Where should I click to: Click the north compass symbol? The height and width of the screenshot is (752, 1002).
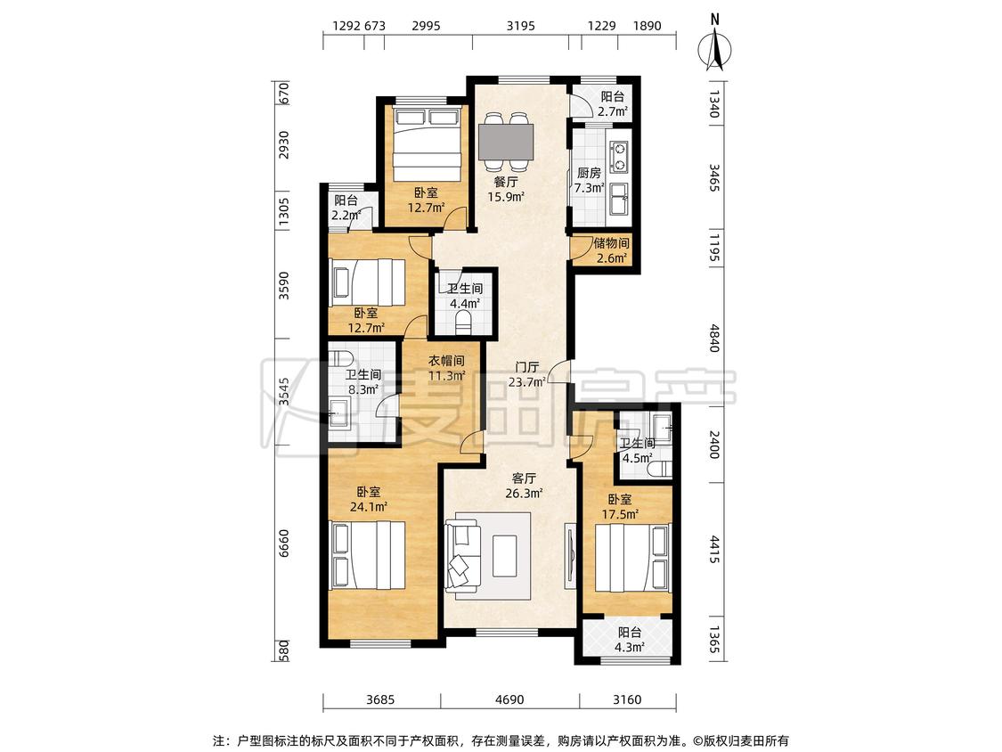[715, 44]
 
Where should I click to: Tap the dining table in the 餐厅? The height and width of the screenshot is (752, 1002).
[506, 142]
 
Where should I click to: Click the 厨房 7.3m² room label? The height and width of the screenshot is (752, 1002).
[589, 180]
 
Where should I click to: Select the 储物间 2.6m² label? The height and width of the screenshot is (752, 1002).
[612, 250]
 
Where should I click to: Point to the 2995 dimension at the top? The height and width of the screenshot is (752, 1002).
[427, 26]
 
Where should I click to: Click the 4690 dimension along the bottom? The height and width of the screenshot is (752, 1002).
[509, 699]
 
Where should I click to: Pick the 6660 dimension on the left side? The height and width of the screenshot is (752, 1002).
[284, 543]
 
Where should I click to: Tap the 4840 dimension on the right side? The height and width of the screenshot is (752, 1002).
[713, 339]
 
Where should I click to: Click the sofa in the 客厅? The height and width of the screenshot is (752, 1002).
[464, 555]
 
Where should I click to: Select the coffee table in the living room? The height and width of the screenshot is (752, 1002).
[505, 555]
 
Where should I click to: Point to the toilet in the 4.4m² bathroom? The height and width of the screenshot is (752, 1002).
[465, 323]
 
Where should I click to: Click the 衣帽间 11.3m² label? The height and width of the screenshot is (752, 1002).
[446, 368]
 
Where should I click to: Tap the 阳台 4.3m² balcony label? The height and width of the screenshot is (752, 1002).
[630, 640]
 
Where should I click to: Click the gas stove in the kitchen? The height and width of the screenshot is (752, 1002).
[619, 158]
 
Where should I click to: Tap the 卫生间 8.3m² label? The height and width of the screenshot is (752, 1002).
[363, 381]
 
